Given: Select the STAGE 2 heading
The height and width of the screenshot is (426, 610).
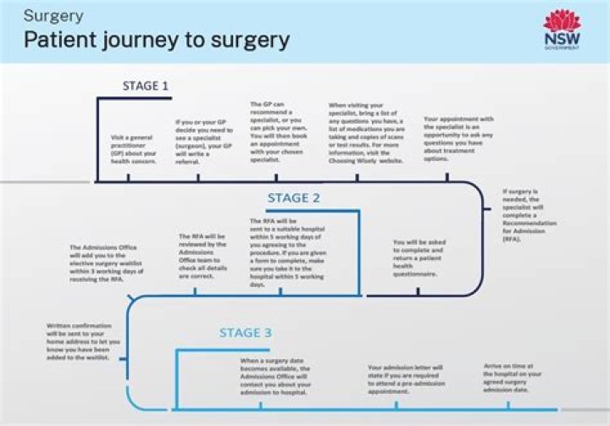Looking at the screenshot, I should coord(294,198).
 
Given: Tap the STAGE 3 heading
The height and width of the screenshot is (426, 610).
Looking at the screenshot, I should coord(246,333).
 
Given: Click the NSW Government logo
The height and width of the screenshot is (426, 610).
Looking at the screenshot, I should coord(562,30).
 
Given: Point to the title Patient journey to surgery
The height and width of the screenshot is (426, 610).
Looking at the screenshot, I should coord(156,40).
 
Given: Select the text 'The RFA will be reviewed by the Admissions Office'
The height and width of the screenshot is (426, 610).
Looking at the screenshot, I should coord(202,256).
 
